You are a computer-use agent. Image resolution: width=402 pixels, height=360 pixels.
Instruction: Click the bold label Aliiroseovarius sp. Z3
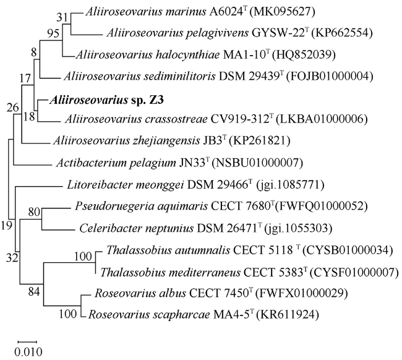coord(106,100)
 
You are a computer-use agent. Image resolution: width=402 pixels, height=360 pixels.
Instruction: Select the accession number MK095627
coord(282,12)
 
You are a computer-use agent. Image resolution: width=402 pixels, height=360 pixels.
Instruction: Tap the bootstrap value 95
coord(53,33)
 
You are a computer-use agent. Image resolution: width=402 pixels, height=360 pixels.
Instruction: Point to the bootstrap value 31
coord(62,17)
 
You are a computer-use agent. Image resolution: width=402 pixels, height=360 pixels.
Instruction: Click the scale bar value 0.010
coord(28,352)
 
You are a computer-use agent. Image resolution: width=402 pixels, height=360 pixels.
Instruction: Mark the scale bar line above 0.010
coord(27,342)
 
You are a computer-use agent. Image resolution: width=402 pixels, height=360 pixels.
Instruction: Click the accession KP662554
coord(341,33)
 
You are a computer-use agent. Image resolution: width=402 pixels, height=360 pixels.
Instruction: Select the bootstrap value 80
coord(34,212)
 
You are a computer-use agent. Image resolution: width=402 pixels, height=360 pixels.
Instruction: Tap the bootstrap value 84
coord(34,291)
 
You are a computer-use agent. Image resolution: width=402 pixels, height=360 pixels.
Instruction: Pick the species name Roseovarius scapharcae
coord(149,315)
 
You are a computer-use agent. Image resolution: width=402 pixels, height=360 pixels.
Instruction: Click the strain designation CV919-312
coord(239,119)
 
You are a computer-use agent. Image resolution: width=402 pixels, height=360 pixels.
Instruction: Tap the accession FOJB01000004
coord(329,77)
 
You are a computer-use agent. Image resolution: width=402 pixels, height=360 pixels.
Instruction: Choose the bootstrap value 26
coord(12,108)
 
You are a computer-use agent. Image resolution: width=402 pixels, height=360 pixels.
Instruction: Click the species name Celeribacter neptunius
coord(137,228)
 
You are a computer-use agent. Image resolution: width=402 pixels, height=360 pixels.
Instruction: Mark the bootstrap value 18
coord(29,117)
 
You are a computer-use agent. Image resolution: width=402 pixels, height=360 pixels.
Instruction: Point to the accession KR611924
coord(288,315)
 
